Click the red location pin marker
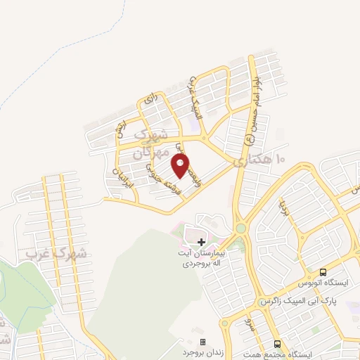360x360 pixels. pyautogui.click(x=181, y=166)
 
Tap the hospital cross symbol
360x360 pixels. pyautogui.click(x=200, y=242)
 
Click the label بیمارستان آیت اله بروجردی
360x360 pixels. pyautogui.click(x=201, y=258)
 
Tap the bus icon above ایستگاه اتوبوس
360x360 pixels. pyautogui.click(x=323, y=272)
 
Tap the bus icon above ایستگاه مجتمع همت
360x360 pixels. pyautogui.click(x=278, y=344)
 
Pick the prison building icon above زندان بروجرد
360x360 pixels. pyautogui.click(x=203, y=341)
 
